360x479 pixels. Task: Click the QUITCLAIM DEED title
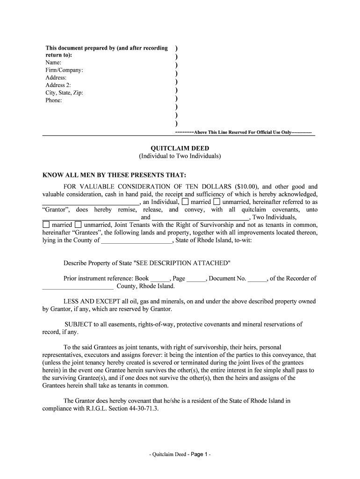[x=180, y=148]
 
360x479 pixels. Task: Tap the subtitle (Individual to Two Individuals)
[x=180, y=156]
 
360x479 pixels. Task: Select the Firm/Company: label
[x=65, y=70]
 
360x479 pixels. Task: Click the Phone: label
[x=54, y=100]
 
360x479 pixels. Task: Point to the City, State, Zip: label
[x=64, y=93]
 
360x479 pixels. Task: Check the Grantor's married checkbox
[x=185, y=202]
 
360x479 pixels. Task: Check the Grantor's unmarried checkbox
[x=216, y=202]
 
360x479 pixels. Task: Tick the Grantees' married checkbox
[x=46, y=225]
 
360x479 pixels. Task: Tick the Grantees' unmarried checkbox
[x=78, y=225]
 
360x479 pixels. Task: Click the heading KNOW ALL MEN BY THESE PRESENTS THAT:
[x=115, y=175]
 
